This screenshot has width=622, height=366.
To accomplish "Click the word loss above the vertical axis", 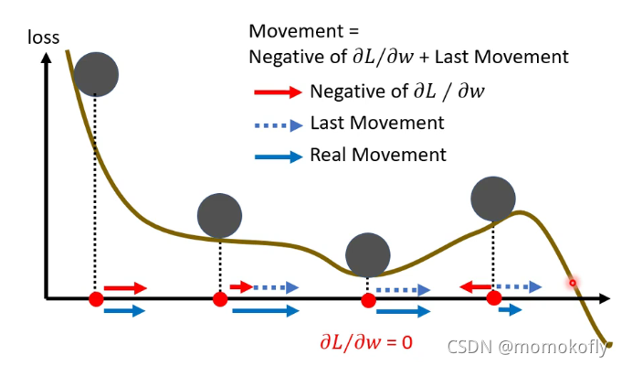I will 43,38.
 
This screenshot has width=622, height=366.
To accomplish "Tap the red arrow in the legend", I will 277,91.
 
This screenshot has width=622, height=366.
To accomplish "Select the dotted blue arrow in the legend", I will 277,123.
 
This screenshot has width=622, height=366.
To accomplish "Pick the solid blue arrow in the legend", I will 277,156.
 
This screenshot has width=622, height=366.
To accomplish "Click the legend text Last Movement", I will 377,123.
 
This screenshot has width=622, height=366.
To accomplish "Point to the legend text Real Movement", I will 378,155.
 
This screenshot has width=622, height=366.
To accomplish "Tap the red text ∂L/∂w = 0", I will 365,343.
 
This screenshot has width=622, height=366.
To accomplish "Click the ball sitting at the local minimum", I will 369,254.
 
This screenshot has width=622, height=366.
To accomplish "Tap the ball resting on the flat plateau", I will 219,216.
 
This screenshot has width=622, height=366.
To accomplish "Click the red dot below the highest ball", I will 94,299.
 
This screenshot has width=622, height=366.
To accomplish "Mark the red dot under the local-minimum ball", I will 368,299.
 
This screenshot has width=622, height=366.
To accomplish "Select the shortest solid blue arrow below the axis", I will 510,310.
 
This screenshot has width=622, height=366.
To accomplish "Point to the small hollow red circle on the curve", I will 574,283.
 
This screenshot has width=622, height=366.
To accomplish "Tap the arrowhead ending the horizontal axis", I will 604,299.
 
